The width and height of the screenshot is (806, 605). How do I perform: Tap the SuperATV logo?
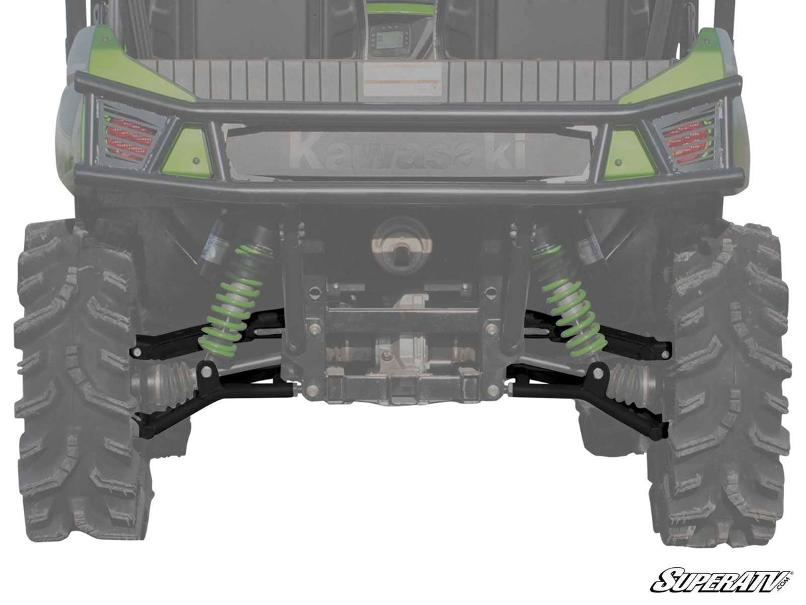click(x=720, y=581)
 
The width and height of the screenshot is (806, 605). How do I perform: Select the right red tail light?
click(x=686, y=140)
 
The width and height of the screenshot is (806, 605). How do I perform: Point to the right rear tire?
click(x=724, y=385)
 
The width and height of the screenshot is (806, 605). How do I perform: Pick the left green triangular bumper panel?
click(x=188, y=154)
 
